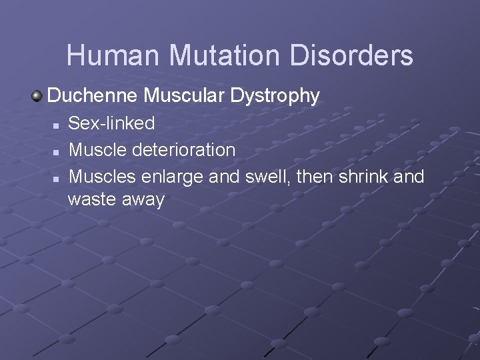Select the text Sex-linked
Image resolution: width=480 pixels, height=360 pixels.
112,123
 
